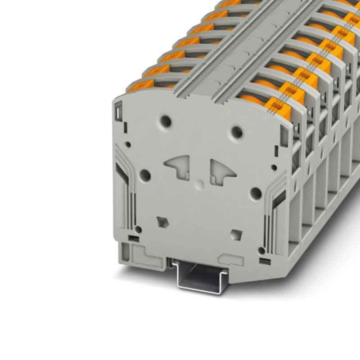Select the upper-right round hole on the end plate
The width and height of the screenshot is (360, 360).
(236, 131)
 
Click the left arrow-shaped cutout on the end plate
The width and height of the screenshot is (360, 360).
(177, 167)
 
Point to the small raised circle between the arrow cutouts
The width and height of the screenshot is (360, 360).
(199, 183)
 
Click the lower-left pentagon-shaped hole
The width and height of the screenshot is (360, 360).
(161, 221)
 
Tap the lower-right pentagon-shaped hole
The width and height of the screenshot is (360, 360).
(235, 234)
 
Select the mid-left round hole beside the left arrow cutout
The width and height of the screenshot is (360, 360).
(145, 174)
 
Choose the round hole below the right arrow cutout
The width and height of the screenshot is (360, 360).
(255, 193)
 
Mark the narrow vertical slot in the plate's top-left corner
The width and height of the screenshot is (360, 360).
(118, 109)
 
